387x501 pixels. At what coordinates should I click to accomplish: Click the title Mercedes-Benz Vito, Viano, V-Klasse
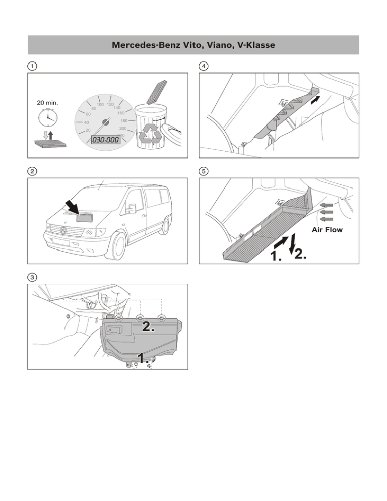tap(193, 45)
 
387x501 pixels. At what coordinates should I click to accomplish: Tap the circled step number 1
tap(32, 66)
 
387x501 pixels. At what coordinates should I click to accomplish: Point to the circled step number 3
tap(32, 277)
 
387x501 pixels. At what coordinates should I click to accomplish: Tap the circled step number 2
tap(32, 171)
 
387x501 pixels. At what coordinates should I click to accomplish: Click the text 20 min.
tap(48, 103)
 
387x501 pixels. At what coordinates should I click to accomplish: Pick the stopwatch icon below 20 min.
tap(48, 119)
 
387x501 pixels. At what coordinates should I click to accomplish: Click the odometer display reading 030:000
tap(106, 139)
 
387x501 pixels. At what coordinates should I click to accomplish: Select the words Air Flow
tap(327, 230)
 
